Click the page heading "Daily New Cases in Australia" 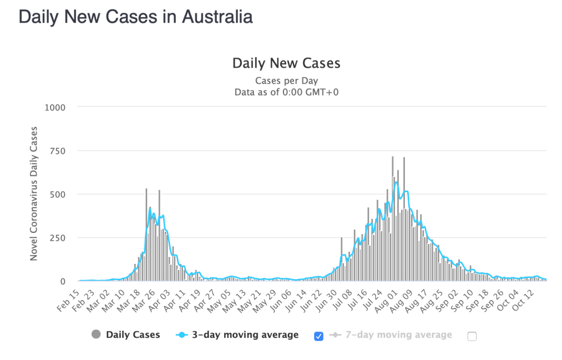pyautogui.click(x=136, y=16)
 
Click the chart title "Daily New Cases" pyautogui.click(x=286, y=63)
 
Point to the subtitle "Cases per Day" pyautogui.click(x=286, y=81)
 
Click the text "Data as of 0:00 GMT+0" pyautogui.click(x=286, y=92)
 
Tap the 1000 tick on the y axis pyautogui.click(x=55, y=107)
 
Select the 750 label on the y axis pyautogui.click(x=57, y=151)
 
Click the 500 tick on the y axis pyautogui.click(x=57, y=194)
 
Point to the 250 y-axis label pyautogui.click(x=57, y=237)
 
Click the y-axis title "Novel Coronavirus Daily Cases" pyautogui.click(x=34, y=193)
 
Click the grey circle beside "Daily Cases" pyautogui.click(x=97, y=334)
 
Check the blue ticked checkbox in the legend pyautogui.click(x=319, y=336)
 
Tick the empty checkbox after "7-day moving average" pyautogui.click(x=472, y=336)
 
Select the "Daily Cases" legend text pyautogui.click(x=133, y=334)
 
